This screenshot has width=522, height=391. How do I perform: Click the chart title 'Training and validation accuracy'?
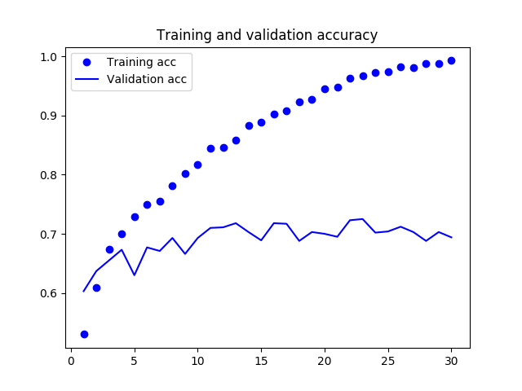point(267,35)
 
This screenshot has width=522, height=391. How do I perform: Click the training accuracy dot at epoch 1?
point(84,334)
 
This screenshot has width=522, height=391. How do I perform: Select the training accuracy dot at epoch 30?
point(451,60)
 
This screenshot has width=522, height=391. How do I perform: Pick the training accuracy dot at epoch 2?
point(96,288)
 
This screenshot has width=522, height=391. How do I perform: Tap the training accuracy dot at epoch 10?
point(197,165)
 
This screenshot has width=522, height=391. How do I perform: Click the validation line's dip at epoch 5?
point(135,275)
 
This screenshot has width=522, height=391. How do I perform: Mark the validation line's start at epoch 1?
point(84,291)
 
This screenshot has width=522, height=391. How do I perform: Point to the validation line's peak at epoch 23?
point(362,218)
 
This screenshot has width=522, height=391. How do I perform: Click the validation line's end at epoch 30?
point(451,237)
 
